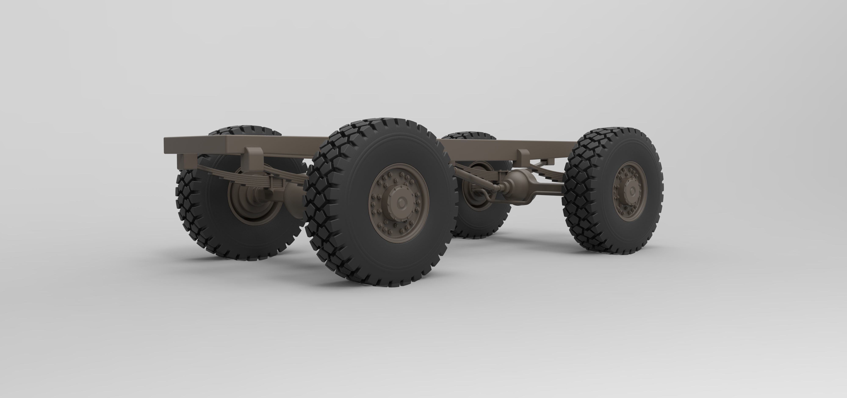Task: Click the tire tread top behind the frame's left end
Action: (243, 130)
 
